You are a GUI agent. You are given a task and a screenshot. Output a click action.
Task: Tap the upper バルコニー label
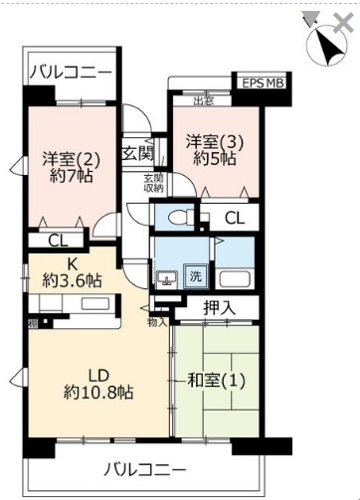click(70, 73)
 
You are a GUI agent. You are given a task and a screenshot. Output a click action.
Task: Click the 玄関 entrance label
click(137, 154)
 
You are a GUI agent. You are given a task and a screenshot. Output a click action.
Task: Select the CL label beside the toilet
click(234, 218)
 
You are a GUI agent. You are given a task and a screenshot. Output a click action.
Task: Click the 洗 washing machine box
click(196, 276)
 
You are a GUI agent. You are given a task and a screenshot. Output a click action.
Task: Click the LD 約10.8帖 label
click(97, 383)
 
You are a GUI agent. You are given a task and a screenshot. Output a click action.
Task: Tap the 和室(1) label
click(217, 379)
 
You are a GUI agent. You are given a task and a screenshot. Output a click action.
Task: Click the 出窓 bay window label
click(204, 100)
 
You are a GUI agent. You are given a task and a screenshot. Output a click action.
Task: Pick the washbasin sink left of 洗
click(168, 277)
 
